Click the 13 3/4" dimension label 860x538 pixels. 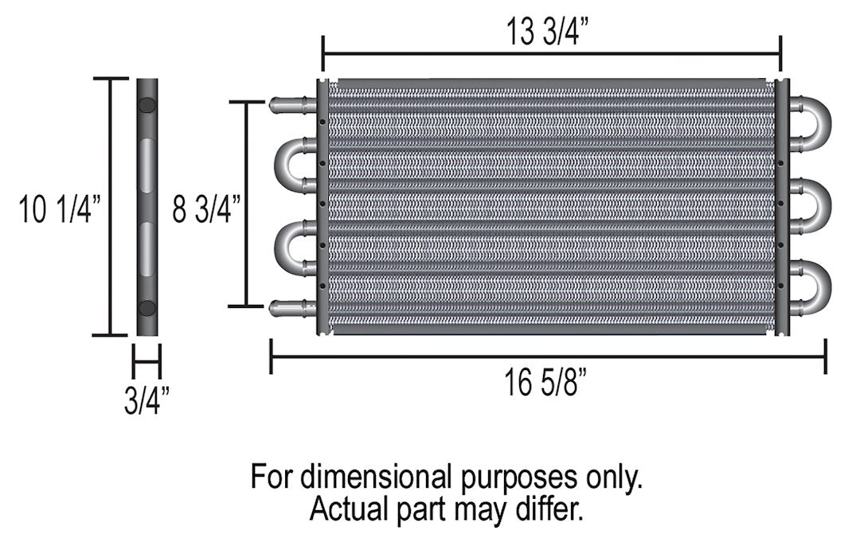(551, 33)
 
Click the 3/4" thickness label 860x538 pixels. (147, 401)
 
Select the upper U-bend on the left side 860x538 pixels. (287, 163)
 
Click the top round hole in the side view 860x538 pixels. (147, 105)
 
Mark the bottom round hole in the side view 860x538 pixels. (147, 307)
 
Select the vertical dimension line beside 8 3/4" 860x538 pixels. (246, 205)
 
